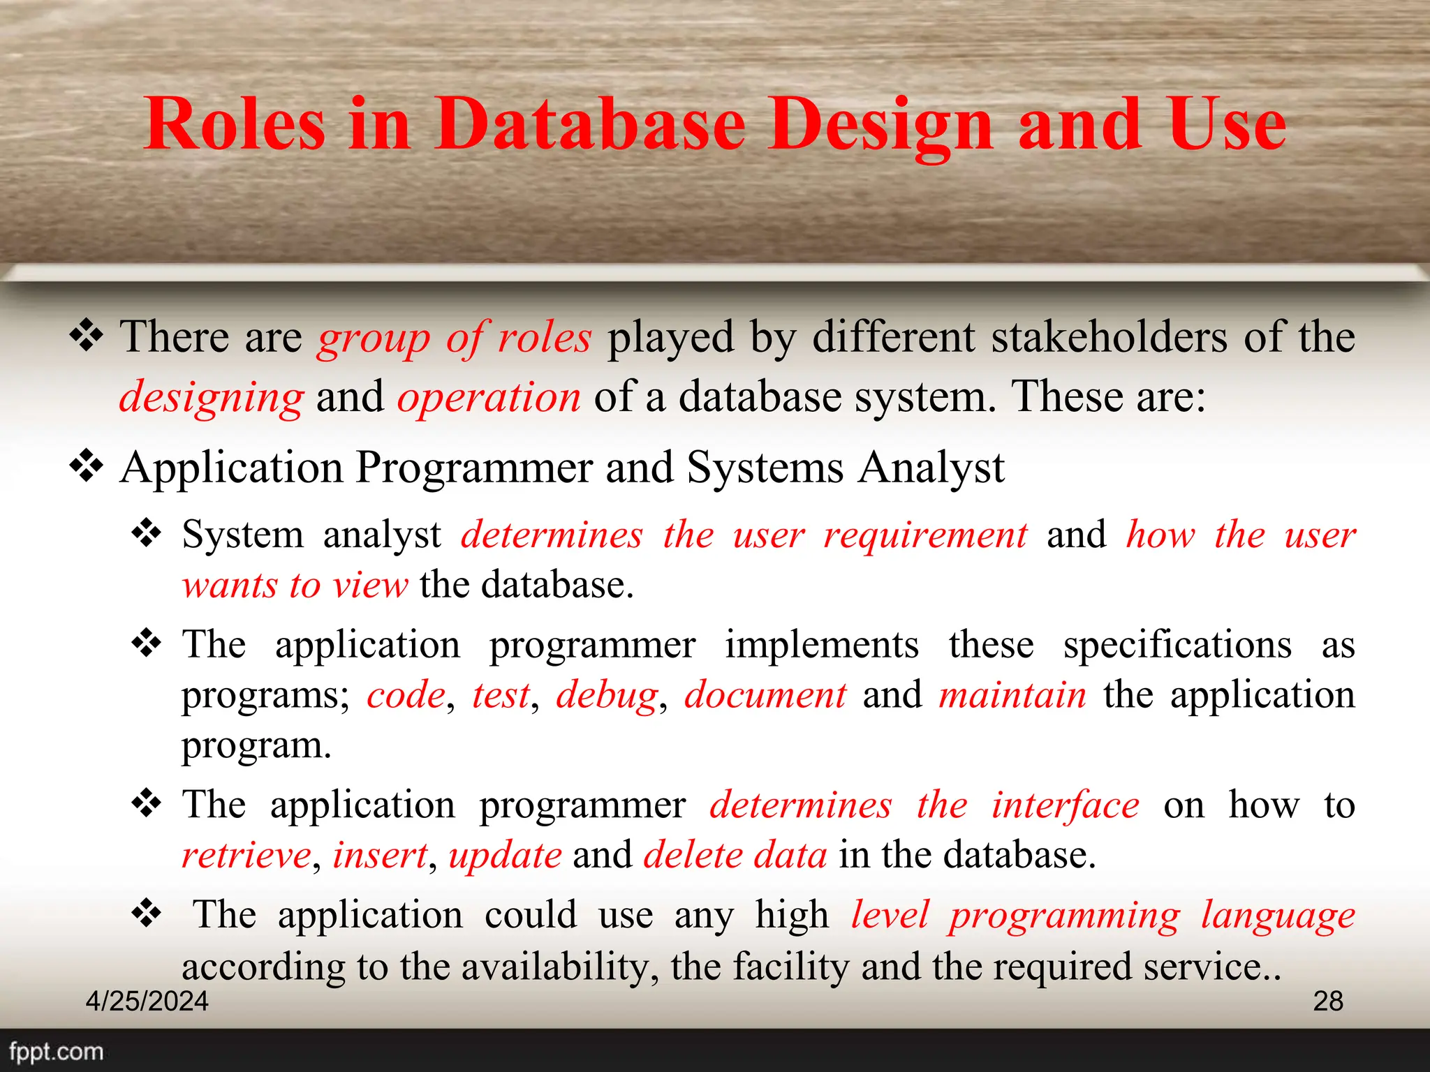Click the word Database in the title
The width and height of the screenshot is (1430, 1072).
pos(590,124)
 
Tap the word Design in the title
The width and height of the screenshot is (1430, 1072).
pos(880,124)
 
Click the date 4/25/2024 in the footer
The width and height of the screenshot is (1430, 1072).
pos(147,1001)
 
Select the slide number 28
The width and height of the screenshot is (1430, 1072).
pos(1328,1001)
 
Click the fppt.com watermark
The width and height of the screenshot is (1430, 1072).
pos(56,1051)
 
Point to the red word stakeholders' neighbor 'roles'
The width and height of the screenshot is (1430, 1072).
pos(544,338)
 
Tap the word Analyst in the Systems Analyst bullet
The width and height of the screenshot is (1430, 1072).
pos(931,468)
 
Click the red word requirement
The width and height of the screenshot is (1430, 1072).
pos(925,536)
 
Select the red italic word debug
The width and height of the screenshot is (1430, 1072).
pos(607,696)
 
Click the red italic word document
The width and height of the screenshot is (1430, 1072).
pos(765,696)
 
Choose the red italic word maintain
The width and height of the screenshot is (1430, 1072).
pos(1012,696)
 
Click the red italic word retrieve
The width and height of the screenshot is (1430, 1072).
pos(246,856)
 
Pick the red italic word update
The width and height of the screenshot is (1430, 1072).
pos(505,856)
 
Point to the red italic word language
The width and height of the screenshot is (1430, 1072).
pos(1278,916)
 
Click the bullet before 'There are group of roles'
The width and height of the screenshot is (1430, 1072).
pos(87,336)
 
